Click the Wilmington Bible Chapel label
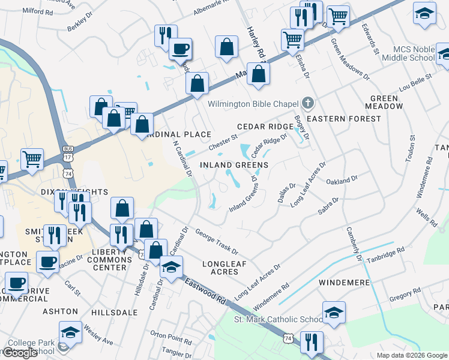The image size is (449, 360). tap(253, 104)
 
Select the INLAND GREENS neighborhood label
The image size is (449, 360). tap(234, 164)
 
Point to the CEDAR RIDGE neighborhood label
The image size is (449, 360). tap(265, 127)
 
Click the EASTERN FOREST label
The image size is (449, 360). tap(344, 119)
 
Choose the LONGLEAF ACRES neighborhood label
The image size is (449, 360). tap(220, 268)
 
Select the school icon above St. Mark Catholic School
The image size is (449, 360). tap(334, 312)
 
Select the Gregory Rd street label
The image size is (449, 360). tap(405, 294)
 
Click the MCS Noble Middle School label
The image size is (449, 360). tap(414, 53)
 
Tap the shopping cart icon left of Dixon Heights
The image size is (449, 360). tap(32, 160)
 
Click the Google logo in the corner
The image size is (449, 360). tap(20, 353)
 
